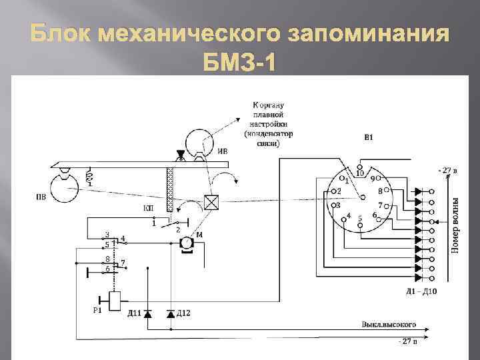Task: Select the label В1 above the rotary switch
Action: pos(368,138)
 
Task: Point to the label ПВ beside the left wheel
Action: pos(41,197)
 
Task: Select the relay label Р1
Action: pos(97,311)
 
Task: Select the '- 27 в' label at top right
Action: pos(449,170)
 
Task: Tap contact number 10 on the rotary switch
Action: pos(359,173)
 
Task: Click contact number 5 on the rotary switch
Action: pos(360,218)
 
